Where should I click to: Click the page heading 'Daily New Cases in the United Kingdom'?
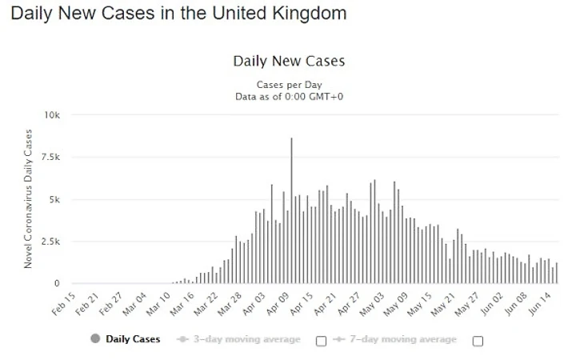179,14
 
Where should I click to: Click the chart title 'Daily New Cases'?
289,61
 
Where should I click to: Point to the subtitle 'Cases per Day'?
288,84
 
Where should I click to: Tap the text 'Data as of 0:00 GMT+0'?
288,96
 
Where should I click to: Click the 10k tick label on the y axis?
52,115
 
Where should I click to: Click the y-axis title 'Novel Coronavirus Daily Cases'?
28,198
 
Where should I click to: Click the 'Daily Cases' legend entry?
133,339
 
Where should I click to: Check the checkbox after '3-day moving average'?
322,341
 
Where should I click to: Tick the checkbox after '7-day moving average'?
478,341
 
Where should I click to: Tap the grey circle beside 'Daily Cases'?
95,339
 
